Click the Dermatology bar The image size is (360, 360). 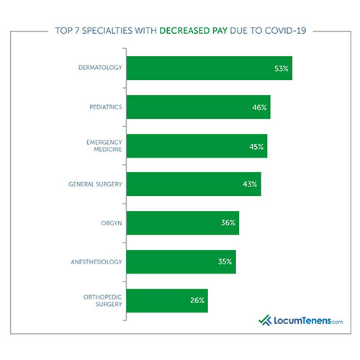click(209, 68)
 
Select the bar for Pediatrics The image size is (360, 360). click(198, 107)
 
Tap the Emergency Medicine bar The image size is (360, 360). click(197, 145)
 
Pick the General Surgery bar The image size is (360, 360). click(193, 184)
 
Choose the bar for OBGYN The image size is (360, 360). click(182, 222)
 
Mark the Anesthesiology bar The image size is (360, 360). click(181, 261)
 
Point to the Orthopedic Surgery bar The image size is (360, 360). click(167, 300)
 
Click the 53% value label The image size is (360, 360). click(281, 69)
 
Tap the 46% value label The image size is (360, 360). click(259, 108)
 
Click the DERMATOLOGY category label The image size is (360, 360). click(100, 69)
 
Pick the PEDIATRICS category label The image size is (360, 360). click(104, 108)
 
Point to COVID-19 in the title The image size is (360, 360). click(286, 32)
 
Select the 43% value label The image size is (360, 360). click(250, 185)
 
